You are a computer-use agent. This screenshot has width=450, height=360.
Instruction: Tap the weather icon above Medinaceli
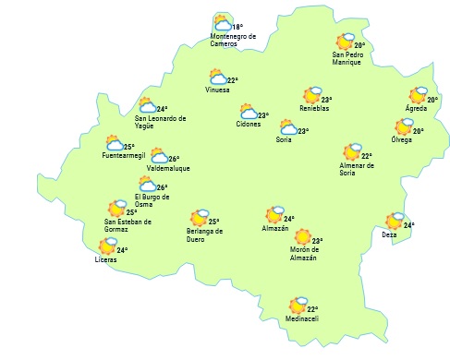pos(298,305)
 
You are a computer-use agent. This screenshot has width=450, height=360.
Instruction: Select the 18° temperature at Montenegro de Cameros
pos(237,28)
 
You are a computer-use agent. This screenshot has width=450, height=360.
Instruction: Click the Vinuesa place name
pos(218,90)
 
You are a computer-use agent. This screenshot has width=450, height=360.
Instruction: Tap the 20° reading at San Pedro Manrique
pos(359,45)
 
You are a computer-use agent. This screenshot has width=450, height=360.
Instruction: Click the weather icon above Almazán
pos(274,215)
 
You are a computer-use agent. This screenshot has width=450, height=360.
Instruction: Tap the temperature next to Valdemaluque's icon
pos(174,159)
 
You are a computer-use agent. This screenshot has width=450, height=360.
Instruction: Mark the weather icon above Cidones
pos(247,114)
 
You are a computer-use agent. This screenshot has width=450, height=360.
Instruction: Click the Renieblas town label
pos(314,109)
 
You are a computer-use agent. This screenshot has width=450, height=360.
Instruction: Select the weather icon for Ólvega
pos(403,128)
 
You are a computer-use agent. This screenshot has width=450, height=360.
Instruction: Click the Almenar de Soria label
pos(356,169)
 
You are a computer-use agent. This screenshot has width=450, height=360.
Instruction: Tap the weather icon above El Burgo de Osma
pos(147,186)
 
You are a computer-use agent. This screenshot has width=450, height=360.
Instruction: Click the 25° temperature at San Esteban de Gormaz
pos(132,212)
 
